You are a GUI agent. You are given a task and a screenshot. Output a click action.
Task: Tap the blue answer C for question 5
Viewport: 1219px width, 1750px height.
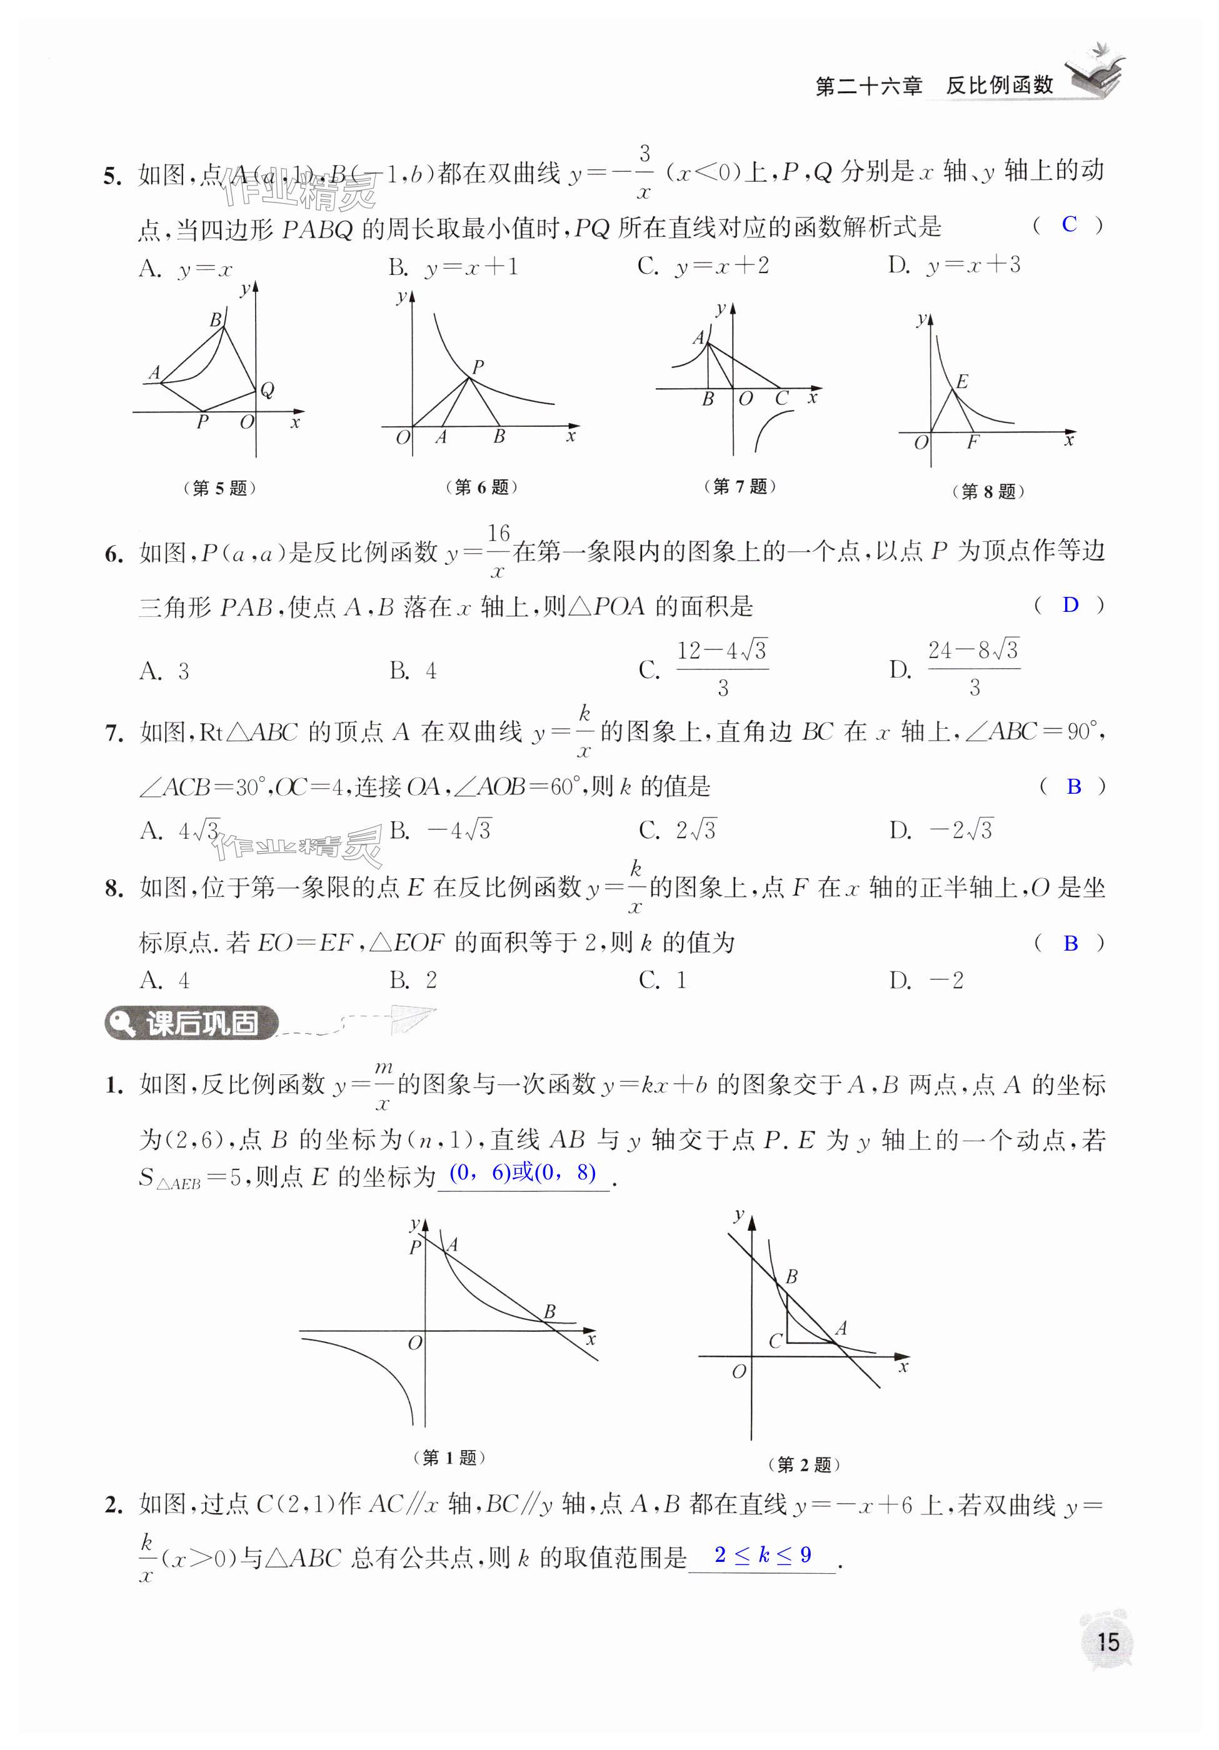pyautogui.click(x=1069, y=224)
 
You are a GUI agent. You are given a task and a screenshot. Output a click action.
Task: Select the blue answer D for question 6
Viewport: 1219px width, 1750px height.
pyautogui.click(x=1070, y=604)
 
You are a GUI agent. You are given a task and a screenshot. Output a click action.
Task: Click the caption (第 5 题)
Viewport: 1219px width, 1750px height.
pyautogui.click(x=219, y=487)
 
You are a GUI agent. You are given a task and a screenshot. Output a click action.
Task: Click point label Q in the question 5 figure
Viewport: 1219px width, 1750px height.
pyautogui.click(x=267, y=390)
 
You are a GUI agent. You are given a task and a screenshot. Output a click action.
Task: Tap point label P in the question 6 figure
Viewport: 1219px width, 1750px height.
pyautogui.click(x=478, y=367)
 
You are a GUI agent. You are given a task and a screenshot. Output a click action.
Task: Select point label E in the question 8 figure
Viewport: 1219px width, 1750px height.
pyautogui.click(x=961, y=381)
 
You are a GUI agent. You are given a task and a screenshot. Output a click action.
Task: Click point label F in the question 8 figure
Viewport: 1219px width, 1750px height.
pyautogui.click(x=972, y=442)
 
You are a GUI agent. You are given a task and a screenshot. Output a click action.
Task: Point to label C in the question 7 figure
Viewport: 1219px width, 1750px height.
pyautogui.click(x=781, y=398)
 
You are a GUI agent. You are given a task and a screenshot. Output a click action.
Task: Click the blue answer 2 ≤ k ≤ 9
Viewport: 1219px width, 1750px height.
pyautogui.click(x=763, y=1555)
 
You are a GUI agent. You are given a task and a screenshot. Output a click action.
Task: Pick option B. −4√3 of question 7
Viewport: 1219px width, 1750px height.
pyautogui.click(x=441, y=830)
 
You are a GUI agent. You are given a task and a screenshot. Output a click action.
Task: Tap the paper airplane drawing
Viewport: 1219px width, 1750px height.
pyautogui.click(x=412, y=1018)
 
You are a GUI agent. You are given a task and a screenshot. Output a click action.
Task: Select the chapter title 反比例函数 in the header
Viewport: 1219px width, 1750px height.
pyautogui.click(x=1000, y=86)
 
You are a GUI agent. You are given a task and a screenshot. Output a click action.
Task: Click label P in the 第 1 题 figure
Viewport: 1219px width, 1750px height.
pyautogui.click(x=414, y=1247)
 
